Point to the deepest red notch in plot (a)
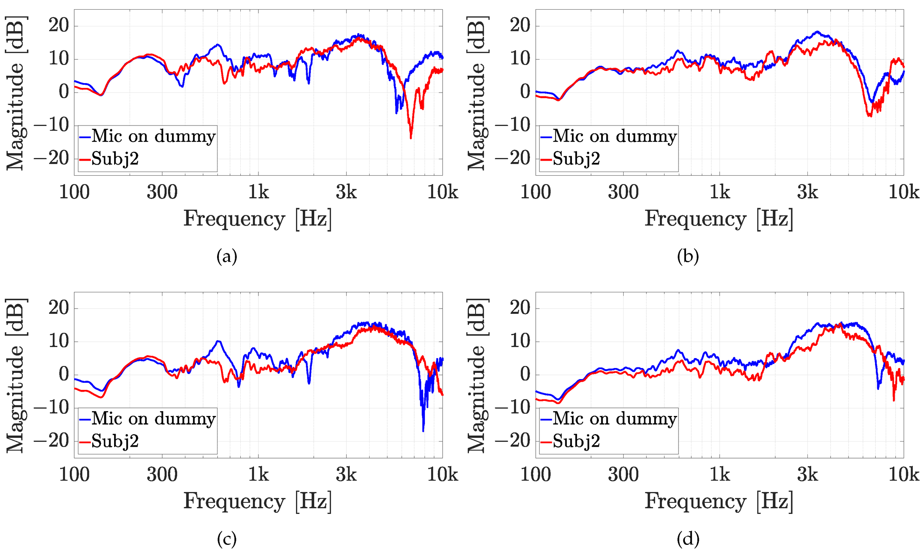(x=411, y=138)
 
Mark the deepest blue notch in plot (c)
(x=423, y=431)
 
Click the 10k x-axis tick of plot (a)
(x=442, y=193)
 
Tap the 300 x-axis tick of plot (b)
(x=624, y=193)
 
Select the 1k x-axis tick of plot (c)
(x=258, y=475)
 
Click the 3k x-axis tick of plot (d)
(x=807, y=475)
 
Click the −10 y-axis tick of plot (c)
(x=51, y=408)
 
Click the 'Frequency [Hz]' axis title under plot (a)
(x=257, y=219)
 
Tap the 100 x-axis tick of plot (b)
(x=535, y=193)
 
